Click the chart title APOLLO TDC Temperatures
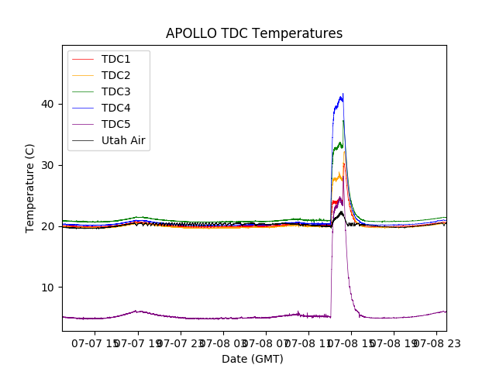point(254,33)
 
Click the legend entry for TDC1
point(115,60)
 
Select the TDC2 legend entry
point(115,76)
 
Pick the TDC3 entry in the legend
point(115,92)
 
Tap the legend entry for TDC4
point(115,108)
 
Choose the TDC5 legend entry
point(115,125)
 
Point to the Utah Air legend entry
point(123,141)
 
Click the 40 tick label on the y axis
point(49,104)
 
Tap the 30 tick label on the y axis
point(49,165)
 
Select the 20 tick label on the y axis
point(49,226)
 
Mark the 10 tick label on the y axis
point(49,288)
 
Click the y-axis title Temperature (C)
point(30,188)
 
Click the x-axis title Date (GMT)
point(253,359)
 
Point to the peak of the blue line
point(343,95)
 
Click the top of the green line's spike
point(343,120)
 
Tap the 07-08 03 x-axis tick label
point(223,343)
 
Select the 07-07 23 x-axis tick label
point(181,343)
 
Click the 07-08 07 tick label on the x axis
point(265,343)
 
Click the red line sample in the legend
point(84,60)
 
